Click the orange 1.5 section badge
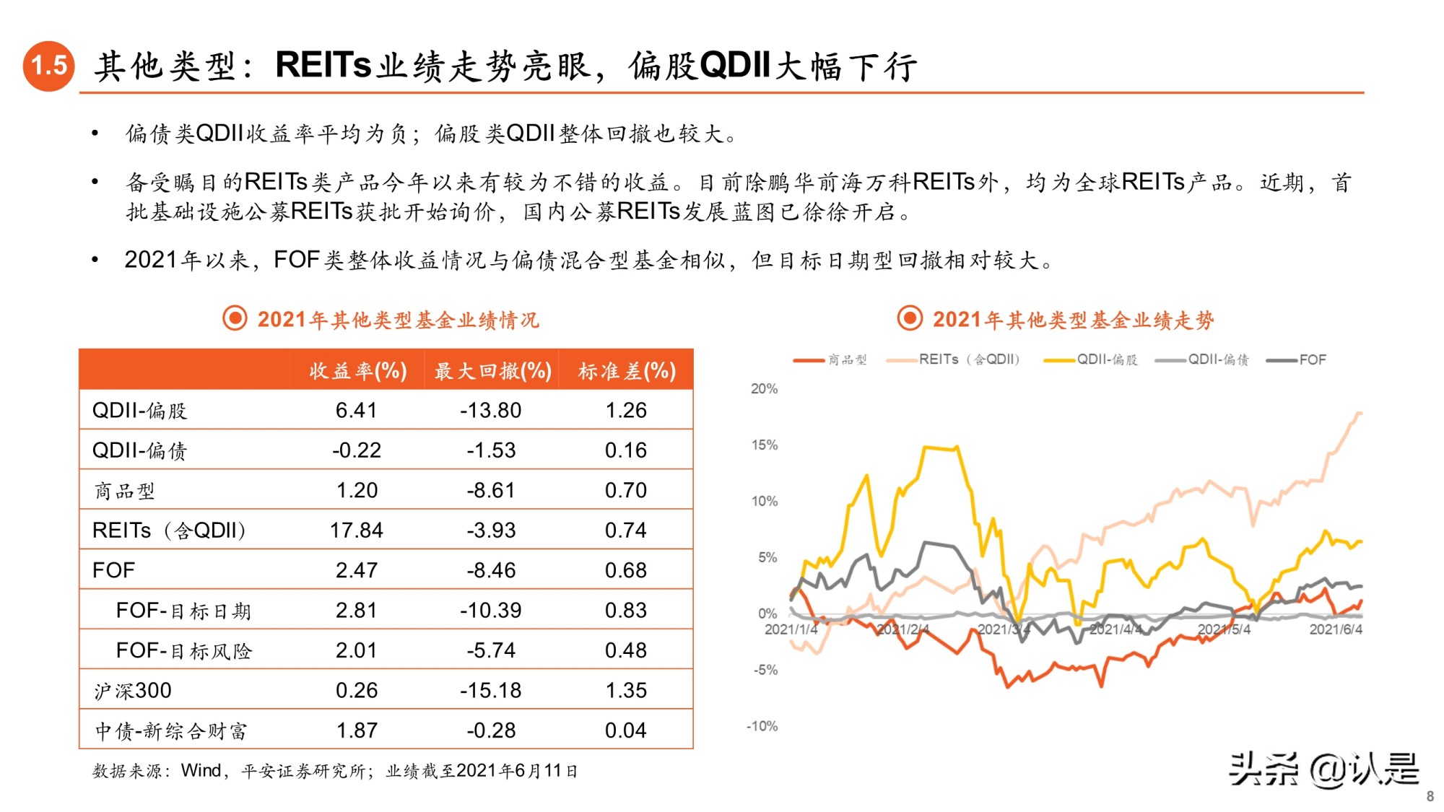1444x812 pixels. click(49, 66)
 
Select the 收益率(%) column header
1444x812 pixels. click(358, 371)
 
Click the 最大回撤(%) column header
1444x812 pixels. click(493, 371)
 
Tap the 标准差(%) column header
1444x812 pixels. click(627, 371)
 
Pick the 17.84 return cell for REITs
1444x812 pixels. click(356, 531)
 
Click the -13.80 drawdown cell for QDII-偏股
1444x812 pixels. click(491, 411)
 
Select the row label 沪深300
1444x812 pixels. click(133, 691)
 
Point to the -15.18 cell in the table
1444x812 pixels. click(491, 691)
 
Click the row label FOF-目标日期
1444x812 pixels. click(183, 611)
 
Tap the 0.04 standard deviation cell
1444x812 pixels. click(626, 730)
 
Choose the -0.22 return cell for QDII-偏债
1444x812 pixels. click(356, 450)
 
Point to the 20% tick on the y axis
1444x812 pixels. click(764, 389)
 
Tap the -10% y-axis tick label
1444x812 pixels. click(762, 726)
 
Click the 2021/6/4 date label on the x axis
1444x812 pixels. click(1336, 629)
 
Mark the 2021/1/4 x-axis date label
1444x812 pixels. click(791, 629)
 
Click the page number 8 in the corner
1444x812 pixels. click(1430, 797)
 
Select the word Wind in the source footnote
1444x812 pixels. click(201, 771)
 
